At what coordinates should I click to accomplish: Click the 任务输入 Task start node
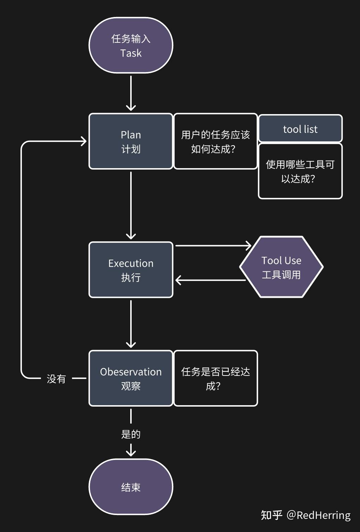click(131, 45)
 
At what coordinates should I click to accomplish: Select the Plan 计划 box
click(131, 141)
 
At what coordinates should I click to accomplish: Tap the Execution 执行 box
click(131, 270)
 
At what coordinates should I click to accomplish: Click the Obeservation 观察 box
click(131, 378)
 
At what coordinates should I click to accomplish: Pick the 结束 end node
click(131, 487)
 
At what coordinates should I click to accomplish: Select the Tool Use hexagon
click(281, 267)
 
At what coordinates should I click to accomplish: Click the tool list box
click(300, 129)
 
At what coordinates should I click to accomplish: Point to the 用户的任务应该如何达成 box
click(215, 141)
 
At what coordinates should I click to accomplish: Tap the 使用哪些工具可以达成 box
click(300, 171)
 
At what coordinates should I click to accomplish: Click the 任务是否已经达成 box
click(215, 378)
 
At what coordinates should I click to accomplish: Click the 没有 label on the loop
click(56, 379)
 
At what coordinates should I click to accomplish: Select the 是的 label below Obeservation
click(131, 434)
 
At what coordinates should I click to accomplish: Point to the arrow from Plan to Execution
click(131, 205)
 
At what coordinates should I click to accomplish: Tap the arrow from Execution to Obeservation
click(131, 323)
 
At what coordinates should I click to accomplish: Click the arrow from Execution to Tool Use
click(212, 246)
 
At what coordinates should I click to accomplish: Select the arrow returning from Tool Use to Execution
click(212, 280)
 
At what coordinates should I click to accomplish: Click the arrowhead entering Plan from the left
click(83, 141)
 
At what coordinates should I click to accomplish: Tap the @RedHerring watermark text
click(318, 515)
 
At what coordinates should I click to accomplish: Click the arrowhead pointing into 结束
click(131, 452)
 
